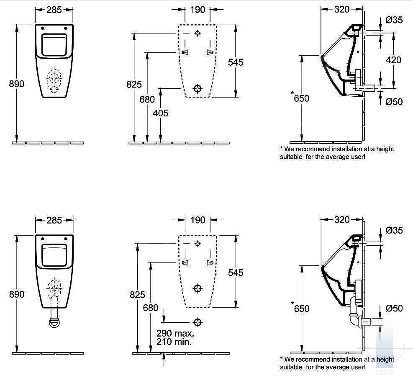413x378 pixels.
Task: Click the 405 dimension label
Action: (x=160, y=113)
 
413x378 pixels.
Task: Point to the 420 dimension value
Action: (x=393, y=60)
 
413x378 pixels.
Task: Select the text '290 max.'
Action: (x=175, y=333)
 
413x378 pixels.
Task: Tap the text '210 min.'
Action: (x=174, y=342)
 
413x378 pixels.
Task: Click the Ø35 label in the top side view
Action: (x=394, y=20)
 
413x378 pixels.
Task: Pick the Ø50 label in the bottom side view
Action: (x=394, y=308)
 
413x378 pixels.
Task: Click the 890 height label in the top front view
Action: (x=17, y=84)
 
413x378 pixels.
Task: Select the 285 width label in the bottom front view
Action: (x=54, y=220)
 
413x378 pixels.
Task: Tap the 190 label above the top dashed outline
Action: (x=198, y=10)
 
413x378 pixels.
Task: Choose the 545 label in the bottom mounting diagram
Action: (x=236, y=273)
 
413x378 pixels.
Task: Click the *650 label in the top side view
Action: (x=300, y=98)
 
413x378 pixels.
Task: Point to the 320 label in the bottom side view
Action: (x=342, y=220)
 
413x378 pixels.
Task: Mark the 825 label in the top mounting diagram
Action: (x=134, y=84)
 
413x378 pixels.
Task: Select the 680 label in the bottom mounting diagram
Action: (x=150, y=308)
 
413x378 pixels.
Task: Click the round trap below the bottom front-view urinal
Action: (x=55, y=322)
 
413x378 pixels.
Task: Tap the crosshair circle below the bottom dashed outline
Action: (x=198, y=322)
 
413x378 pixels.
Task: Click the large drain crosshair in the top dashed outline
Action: (x=198, y=88)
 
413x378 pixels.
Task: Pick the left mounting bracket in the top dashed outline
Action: (x=185, y=52)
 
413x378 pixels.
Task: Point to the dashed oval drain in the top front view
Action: (x=54, y=80)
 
